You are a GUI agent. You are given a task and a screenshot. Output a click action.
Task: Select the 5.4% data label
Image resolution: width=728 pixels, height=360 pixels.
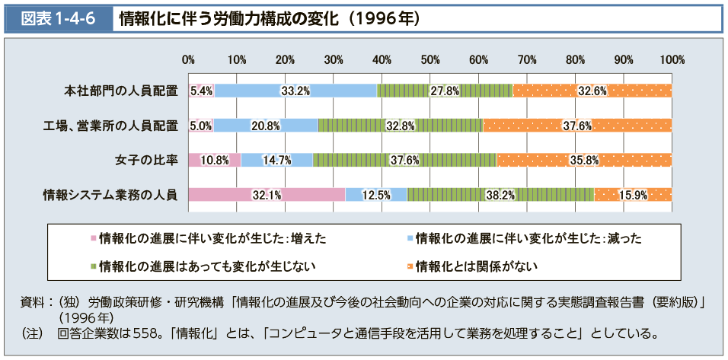pyautogui.click(x=201, y=91)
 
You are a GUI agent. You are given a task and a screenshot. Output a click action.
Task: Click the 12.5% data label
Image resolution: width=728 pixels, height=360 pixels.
pyautogui.click(x=375, y=195)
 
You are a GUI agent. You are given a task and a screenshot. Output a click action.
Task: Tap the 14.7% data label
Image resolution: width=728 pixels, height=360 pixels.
pyautogui.click(x=276, y=160)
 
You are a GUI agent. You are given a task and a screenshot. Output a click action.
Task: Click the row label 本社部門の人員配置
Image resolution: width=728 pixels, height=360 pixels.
pyautogui.click(x=120, y=91)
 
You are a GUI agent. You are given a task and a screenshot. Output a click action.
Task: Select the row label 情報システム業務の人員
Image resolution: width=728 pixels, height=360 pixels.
pyautogui.click(x=110, y=195)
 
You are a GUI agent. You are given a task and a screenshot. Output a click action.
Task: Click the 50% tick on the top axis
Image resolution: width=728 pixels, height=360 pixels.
pyautogui.click(x=430, y=59)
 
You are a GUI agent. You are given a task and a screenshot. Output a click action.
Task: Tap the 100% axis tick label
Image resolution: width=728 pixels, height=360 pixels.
pyautogui.click(x=672, y=59)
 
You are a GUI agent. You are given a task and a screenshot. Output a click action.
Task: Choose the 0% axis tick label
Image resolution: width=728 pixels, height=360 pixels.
pyautogui.click(x=189, y=59)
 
